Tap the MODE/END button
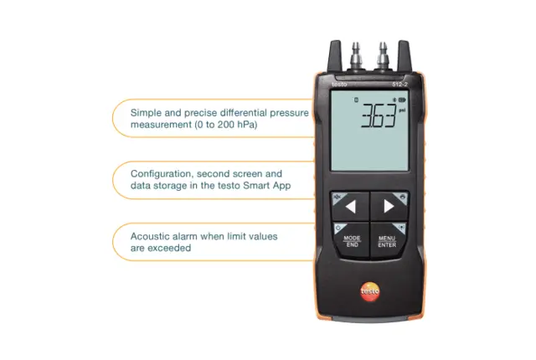click(x=352, y=240)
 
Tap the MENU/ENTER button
click(x=387, y=240)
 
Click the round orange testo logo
click(x=369, y=291)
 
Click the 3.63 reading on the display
click(x=377, y=118)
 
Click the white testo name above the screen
click(x=338, y=83)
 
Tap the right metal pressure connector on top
click(x=384, y=53)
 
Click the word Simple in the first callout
click(x=147, y=112)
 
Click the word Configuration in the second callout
click(x=162, y=174)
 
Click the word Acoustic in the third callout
click(x=151, y=237)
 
